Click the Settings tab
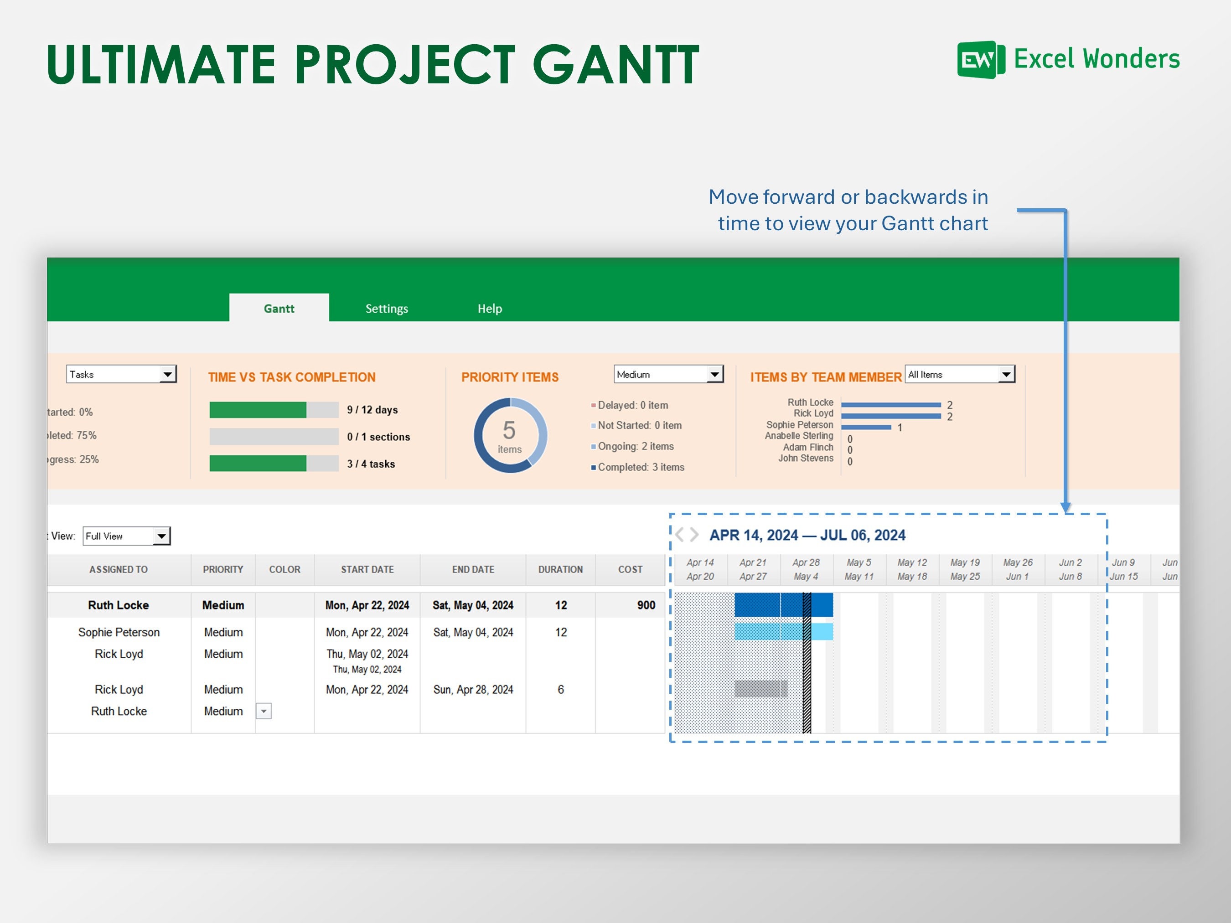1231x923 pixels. (386, 309)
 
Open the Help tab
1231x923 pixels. (489, 309)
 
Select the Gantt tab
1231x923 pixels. (279, 309)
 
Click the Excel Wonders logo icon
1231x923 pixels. (981, 60)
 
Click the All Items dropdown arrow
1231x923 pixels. (1006, 374)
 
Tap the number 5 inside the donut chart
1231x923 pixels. (509, 430)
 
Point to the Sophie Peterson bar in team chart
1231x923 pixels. (866, 427)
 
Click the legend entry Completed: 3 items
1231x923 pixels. (640, 467)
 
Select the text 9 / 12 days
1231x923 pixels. (372, 410)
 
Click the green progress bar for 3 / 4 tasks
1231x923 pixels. (258, 464)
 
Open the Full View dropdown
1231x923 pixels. (161, 536)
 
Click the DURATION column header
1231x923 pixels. (560, 570)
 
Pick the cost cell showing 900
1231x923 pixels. (646, 605)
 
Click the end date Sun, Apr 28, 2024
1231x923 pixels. (473, 690)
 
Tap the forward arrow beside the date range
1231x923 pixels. (694, 535)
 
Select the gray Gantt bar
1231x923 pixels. (760, 689)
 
